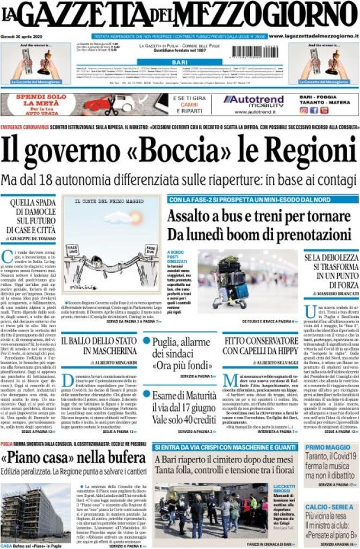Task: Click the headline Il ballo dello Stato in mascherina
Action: click(x=98, y=346)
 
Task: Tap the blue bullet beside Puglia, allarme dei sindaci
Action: click(x=147, y=340)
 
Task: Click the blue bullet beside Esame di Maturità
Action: click(x=147, y=395)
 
